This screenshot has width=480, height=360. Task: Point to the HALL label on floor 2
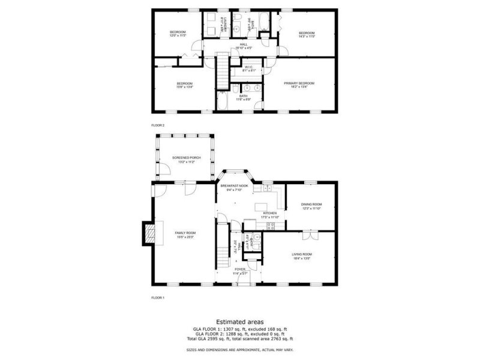click(x=244, y=44)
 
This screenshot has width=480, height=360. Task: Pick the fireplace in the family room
click(x=148, y=233)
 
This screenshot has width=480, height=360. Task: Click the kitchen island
click(x=260, y=208)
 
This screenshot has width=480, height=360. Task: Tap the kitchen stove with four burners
click(x=271, y=226)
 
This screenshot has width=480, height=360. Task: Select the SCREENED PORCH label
click(x=186, y=158)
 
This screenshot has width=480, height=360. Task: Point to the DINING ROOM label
click(x=311, y=205)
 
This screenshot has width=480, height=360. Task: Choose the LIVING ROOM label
click(x=302, y=254)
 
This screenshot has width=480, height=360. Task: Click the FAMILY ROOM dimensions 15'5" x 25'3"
click(x=185, y=237)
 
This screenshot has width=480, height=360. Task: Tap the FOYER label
click(x=240, y=269)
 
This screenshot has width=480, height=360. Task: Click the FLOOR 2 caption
click(x=158, y=125)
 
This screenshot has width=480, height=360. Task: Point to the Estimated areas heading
click(x=239, y=322)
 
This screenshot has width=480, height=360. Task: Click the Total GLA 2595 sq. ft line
click(x=239, y=339)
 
